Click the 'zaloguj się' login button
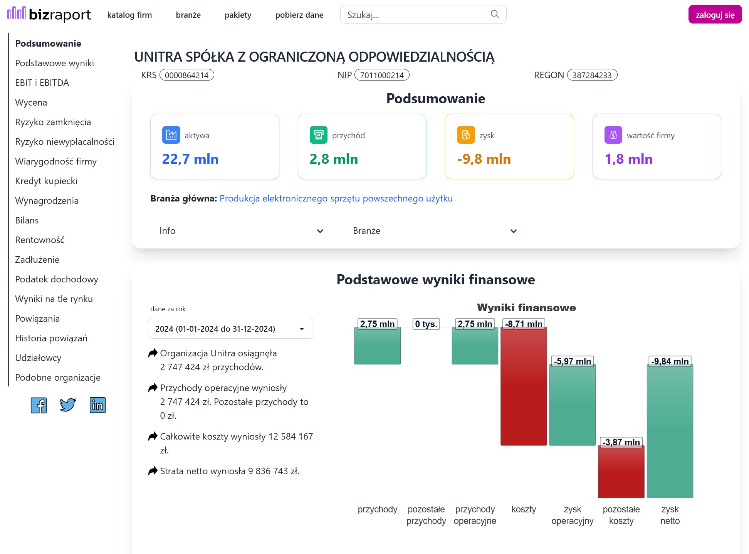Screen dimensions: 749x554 715,15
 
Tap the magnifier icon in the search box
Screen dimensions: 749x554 495,14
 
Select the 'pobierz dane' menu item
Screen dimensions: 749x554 299,15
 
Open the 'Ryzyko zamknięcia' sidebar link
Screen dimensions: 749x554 53,122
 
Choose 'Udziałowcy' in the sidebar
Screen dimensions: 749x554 38,358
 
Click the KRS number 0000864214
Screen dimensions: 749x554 187,75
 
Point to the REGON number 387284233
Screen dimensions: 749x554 592,75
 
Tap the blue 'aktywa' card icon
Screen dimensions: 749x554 171,135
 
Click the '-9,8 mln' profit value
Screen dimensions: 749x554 484,159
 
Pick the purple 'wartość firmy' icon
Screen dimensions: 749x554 613,135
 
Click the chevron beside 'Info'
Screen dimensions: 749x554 320,231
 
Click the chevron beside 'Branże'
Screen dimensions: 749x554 514,231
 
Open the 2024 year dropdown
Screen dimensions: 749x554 231,329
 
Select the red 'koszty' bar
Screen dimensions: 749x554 524,386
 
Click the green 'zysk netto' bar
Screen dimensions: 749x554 670,431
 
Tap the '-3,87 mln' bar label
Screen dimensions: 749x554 621,442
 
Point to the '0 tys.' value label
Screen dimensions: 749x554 426,324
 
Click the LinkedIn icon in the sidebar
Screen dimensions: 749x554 97,405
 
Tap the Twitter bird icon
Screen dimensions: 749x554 68,405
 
